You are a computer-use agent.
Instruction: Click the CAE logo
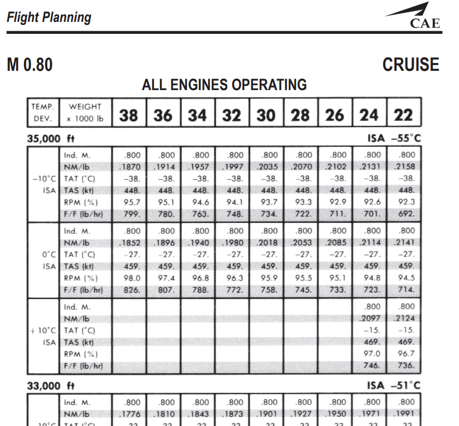click(417, 16)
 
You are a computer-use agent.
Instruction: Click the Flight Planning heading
click(49, 17)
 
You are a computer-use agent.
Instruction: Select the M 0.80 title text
click(30, 65)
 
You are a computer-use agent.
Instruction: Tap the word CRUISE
click(411, 65)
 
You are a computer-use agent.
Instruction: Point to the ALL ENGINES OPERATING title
click(224, 84)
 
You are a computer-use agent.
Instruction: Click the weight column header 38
click(129, 115)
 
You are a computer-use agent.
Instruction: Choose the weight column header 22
click(403, 115)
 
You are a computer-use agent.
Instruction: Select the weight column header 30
click(266, 115)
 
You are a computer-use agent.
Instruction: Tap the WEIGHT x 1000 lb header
click(85, 112)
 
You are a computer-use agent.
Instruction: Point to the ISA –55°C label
click(393, 139)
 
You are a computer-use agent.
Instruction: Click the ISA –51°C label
click(393, 386)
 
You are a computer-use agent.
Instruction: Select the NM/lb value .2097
click(372, 318)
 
